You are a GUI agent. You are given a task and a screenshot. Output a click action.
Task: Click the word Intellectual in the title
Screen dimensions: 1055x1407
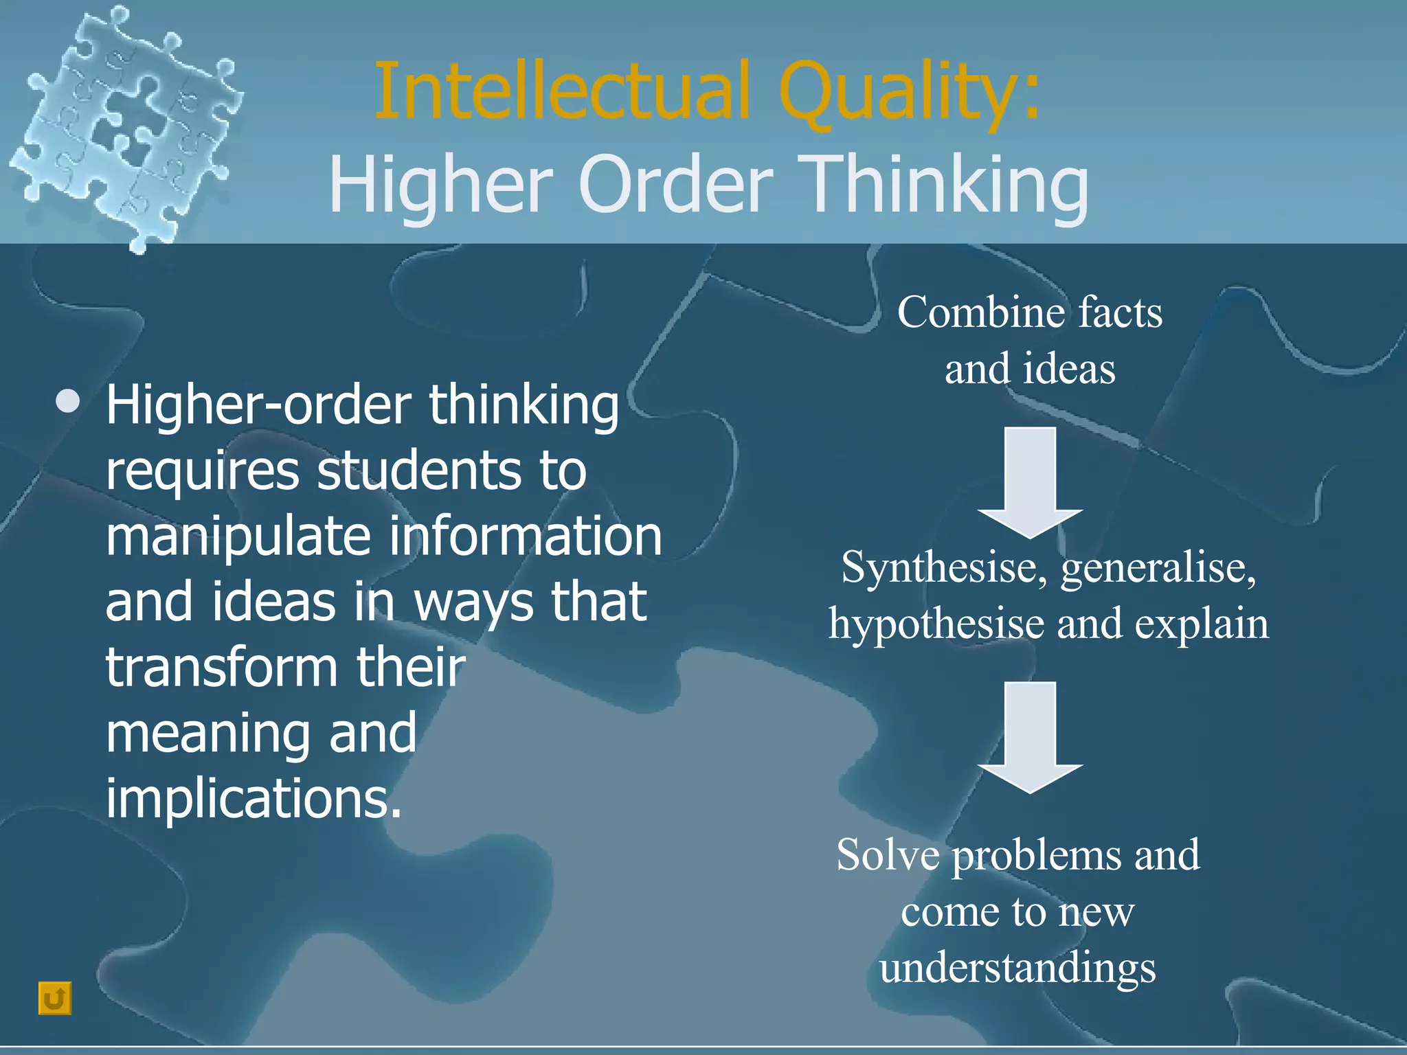click(x=562, y=91)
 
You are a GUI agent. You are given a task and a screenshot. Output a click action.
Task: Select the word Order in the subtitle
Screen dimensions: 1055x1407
click(x=676, y=184)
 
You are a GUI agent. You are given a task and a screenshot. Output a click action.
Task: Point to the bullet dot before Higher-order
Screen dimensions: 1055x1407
click(x=68, y=402)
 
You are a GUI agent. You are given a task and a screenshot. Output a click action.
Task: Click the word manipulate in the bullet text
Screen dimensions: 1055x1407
click(x=238, y=536)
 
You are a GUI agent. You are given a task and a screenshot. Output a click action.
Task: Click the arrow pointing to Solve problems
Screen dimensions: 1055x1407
click(x=1030, y=737)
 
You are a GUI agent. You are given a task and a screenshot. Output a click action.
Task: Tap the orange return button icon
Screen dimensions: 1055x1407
click(x=55, y=998)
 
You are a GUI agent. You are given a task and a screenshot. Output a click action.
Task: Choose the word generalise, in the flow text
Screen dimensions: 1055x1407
click(x=1158, y=569)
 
